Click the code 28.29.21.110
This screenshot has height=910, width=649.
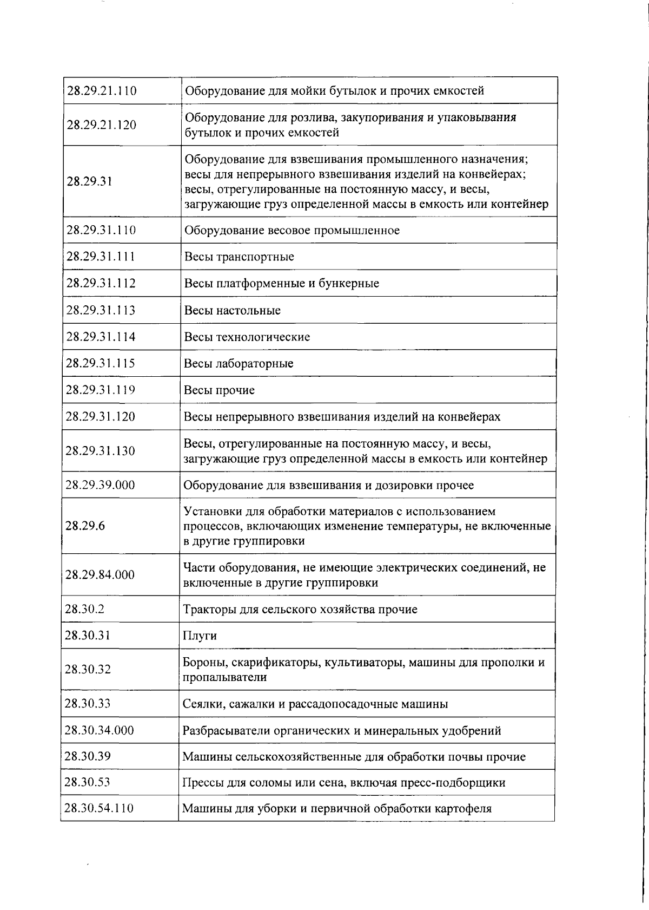[x=101, y=90]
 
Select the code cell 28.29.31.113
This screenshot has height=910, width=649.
[x=101, y=310]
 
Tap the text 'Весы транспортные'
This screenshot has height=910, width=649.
[x=239, y=257]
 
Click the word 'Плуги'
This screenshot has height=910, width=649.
[x=200, y=636]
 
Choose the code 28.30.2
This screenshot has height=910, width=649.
[x=84, y=609]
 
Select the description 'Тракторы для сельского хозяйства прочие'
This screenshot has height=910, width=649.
[x=300, y=609]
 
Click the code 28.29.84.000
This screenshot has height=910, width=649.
[x=100, y=574]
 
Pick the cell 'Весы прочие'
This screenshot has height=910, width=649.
[x=219, y=390]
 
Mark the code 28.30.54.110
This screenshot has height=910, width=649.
[x=99, y=808]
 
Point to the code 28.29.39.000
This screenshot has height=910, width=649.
[x=100, y=485]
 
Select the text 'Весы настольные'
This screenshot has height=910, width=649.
[x=233, y=310]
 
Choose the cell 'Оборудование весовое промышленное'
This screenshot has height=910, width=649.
[x=292, y=230]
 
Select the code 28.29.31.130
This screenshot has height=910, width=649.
[x=100, y=451]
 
